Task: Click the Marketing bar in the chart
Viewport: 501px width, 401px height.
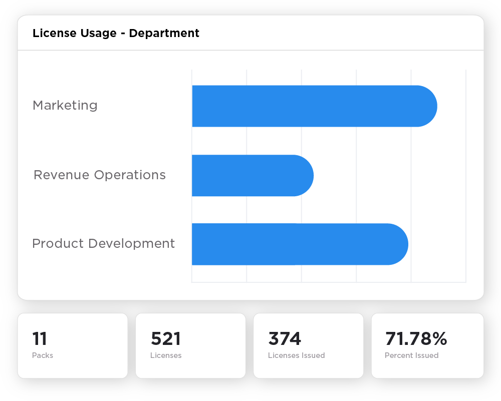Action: click(x=311, y=106)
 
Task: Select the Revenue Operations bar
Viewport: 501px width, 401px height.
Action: click(x=250, y=176)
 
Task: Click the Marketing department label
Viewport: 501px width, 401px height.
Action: click(x=65, y=106)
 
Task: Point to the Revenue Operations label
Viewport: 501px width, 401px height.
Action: click(x=99, y=175)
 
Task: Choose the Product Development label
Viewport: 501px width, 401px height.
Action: click(x=103, y=244)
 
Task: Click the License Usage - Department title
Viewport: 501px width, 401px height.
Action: click(x=116, y=34)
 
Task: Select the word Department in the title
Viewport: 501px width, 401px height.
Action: click(x=164, y=34)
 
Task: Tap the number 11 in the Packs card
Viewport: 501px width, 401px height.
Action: click(x=40, y=339)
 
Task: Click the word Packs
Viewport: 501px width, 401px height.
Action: click(x=43, y=355)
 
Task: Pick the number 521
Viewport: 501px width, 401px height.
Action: click(x=165, y=339)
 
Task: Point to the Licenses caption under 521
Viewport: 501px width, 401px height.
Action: click(x=166, y=355)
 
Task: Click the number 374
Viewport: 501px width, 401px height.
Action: click(x=285, y=339)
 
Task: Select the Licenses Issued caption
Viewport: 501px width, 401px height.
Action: click(x=296, y=355)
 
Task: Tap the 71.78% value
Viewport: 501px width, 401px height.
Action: click(x=416, y=339)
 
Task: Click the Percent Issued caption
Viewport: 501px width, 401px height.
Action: click(x=411, y=355)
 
